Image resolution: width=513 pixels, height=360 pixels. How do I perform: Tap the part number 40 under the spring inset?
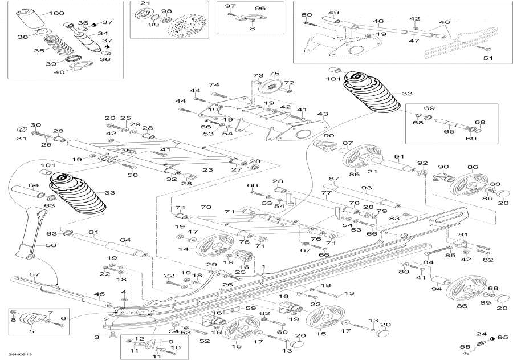(x=59, y=72)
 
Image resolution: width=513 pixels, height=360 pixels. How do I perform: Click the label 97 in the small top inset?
(x=230, y=6)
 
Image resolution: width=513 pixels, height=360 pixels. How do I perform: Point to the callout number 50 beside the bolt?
(x=306, y=15)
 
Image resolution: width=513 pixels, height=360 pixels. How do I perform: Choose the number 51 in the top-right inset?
(x=487, y=58)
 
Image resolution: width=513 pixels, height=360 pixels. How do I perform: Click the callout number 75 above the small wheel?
(x=274, y=74)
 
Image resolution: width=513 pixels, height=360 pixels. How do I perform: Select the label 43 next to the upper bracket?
(x=323, y=114)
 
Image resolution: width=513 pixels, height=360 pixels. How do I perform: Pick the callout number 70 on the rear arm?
(x=206, y=207)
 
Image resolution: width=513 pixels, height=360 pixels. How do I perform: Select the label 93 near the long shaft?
(x=366, y=188)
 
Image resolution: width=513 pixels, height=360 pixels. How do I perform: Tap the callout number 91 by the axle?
(x=399, y=157)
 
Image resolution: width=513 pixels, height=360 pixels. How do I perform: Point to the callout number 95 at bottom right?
(x=502, y=337)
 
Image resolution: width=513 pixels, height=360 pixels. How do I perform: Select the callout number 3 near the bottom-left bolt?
(x=96, y=337)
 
